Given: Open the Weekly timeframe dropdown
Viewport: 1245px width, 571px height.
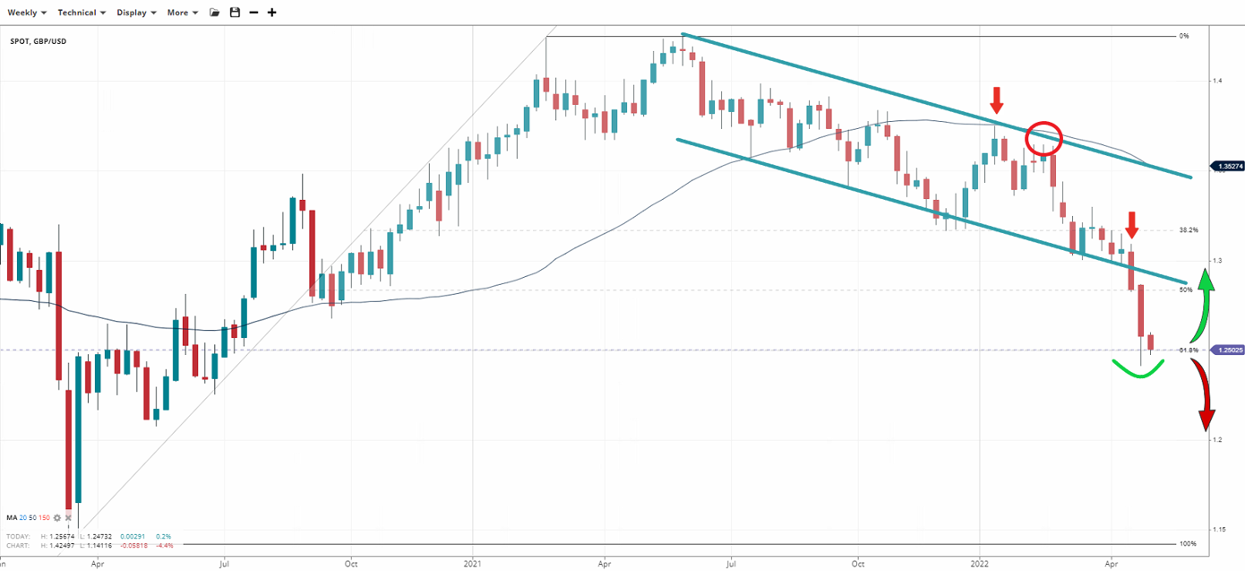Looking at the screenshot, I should click(27, 13).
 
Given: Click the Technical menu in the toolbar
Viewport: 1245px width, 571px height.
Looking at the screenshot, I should click(82, 13).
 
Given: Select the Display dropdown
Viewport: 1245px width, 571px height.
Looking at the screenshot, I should click(136, 13).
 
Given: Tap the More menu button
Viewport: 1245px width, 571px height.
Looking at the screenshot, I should click(182, 13).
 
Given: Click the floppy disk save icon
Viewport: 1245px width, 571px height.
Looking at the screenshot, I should click(235, 13).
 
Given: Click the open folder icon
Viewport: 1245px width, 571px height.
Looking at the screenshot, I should click(214, 13).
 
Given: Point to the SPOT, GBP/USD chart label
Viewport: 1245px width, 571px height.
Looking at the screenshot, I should click(39, 42).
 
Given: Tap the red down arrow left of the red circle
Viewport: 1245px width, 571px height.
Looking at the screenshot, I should click(998, 99).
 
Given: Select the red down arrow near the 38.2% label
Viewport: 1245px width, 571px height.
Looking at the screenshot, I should click(1133, 223).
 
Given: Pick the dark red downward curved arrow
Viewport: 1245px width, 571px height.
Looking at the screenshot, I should click(1203, 395).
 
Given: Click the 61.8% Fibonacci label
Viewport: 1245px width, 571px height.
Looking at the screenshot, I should click(1189, 350).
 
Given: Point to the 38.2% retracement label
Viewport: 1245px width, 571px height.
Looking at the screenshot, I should click(1189, 230).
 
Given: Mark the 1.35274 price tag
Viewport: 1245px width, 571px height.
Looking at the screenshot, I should click(1226, 166).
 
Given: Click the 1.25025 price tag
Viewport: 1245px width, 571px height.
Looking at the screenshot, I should click(1226, 350).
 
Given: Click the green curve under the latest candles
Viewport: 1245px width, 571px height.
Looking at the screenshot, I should click(1138, 370).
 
